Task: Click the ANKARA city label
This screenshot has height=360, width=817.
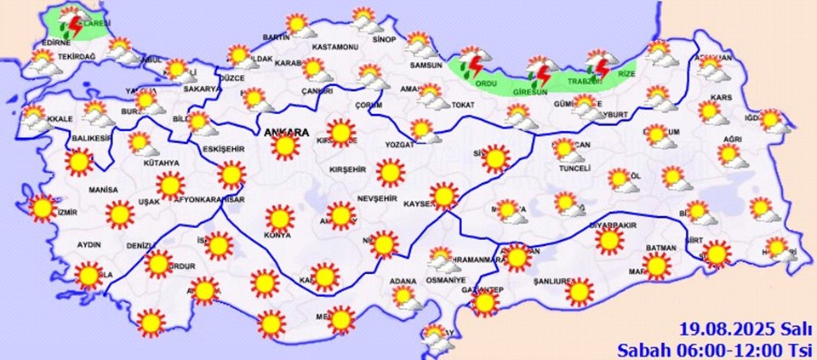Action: pos(285,132)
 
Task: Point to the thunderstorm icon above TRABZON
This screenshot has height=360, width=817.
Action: pos(599,65)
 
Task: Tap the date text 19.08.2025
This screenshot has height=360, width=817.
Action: pos(716,329)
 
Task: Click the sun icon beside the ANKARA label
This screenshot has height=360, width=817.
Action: pos(286,147)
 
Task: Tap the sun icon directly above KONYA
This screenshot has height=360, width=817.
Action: pos(278,219)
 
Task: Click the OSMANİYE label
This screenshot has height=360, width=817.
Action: pos(446,280)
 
